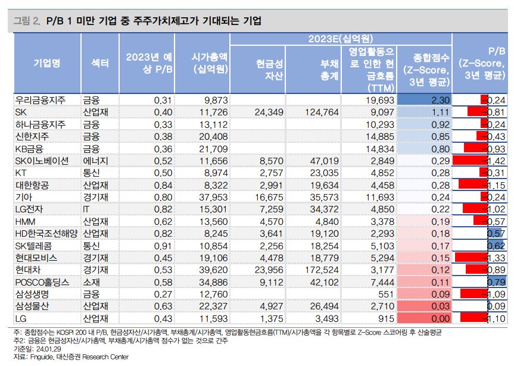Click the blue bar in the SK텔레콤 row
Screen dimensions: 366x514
coord(493,245)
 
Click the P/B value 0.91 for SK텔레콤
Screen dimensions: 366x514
coord(162,245)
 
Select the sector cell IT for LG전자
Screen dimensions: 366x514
coord(86,208)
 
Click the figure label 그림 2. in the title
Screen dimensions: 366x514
coord(27,21)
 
